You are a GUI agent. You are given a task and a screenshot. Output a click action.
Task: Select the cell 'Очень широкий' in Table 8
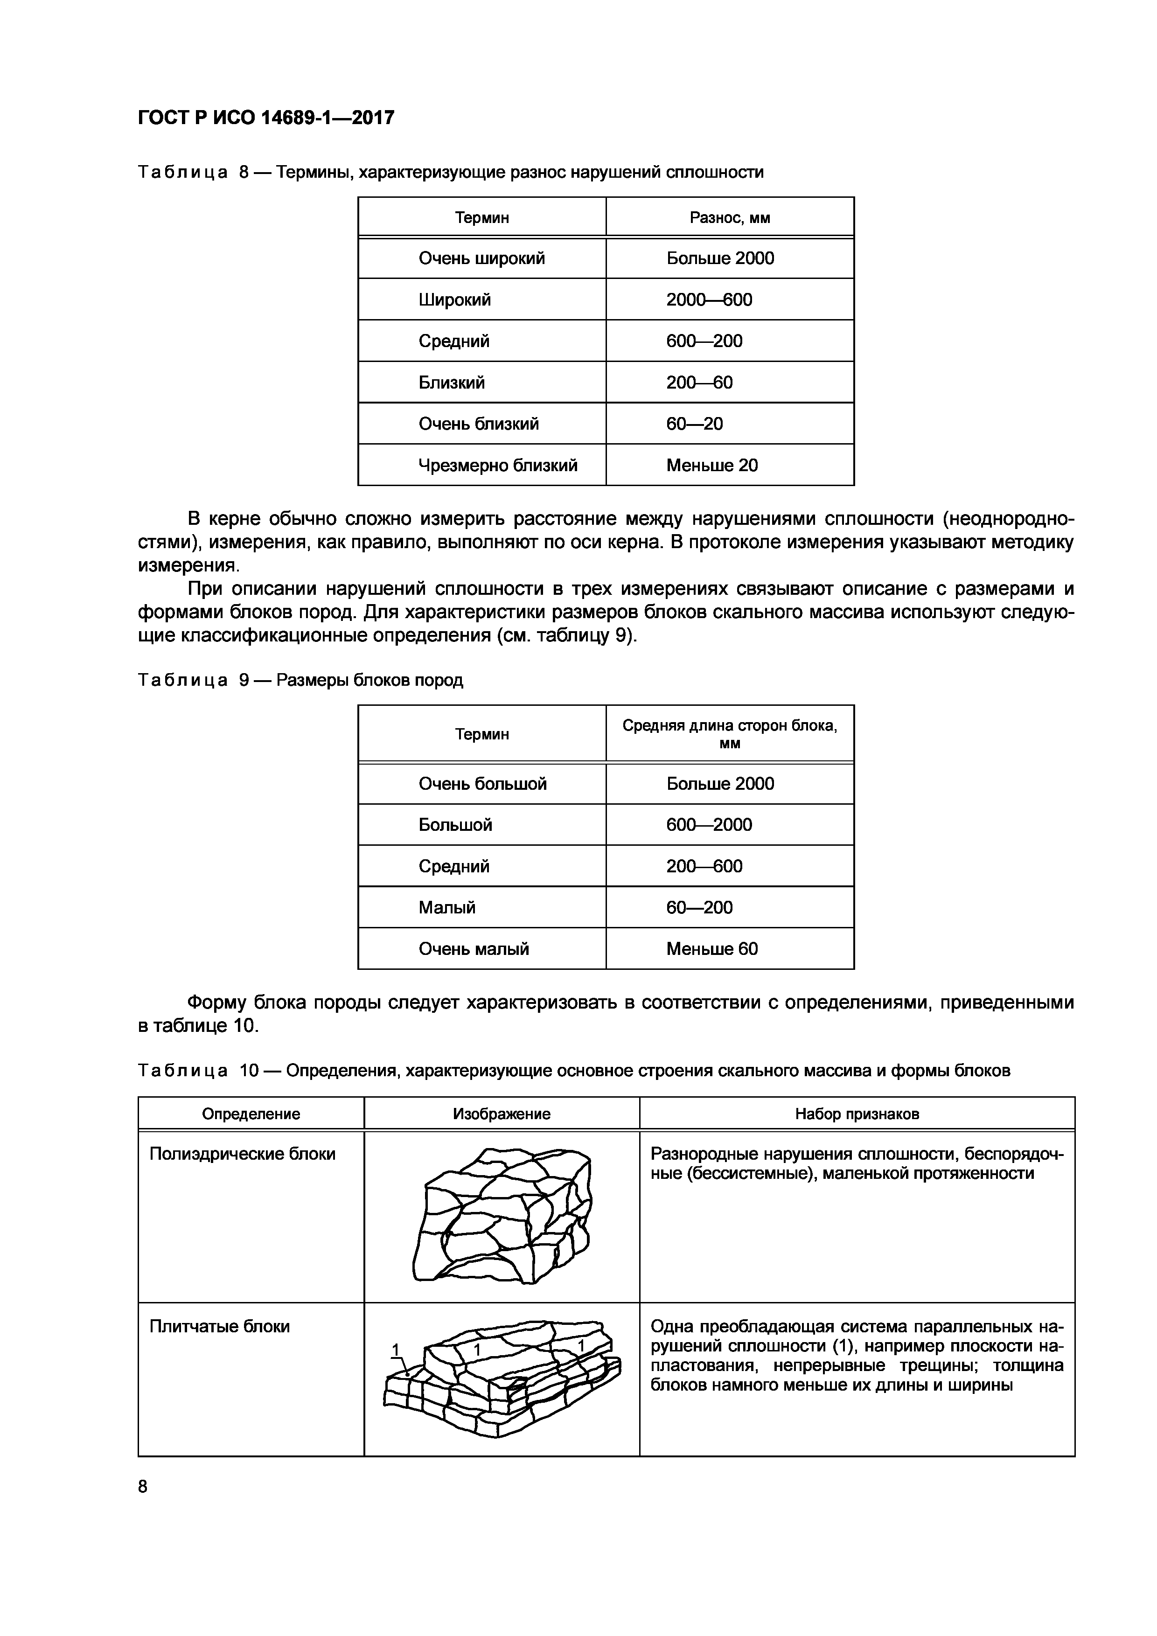tap(481, 258)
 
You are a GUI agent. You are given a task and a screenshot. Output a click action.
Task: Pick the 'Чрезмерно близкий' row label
tap(498, 465)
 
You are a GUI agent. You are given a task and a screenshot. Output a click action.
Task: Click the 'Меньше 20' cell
tap(712, 465)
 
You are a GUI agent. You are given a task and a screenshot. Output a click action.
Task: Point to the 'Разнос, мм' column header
tap(730, 217)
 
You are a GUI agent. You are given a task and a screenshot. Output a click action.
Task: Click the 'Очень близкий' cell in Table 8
tap(479, 424)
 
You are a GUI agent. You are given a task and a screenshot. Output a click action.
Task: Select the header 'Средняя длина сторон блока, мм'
tap(730, 734)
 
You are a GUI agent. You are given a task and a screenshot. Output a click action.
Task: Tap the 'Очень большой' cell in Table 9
tap(482, 784)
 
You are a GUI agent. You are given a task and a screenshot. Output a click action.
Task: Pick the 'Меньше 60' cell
tap(712, 948)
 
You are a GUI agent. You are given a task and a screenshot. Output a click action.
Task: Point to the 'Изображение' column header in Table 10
tap(502, 1114)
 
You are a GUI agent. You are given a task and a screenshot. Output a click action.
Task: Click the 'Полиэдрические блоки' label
tap(242, 1154)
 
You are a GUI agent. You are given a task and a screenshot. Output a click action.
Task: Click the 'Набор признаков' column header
tap(857, 1114)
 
